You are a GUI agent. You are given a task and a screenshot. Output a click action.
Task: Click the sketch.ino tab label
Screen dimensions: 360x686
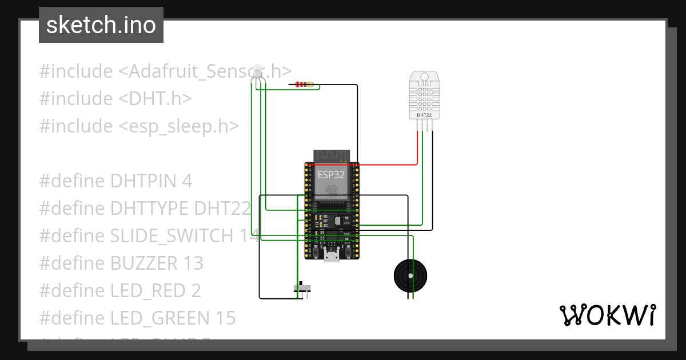101,25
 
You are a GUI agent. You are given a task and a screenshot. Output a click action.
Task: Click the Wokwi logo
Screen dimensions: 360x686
607,315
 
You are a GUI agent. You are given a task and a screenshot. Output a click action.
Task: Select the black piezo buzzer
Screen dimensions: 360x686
410,275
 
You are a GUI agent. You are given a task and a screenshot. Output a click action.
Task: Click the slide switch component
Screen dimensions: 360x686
302,287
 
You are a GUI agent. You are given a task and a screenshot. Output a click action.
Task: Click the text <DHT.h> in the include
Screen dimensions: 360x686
155,99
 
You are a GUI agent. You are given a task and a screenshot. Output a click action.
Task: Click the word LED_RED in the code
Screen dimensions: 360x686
148,291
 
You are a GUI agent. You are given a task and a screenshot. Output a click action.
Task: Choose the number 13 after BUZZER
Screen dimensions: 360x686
194,263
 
